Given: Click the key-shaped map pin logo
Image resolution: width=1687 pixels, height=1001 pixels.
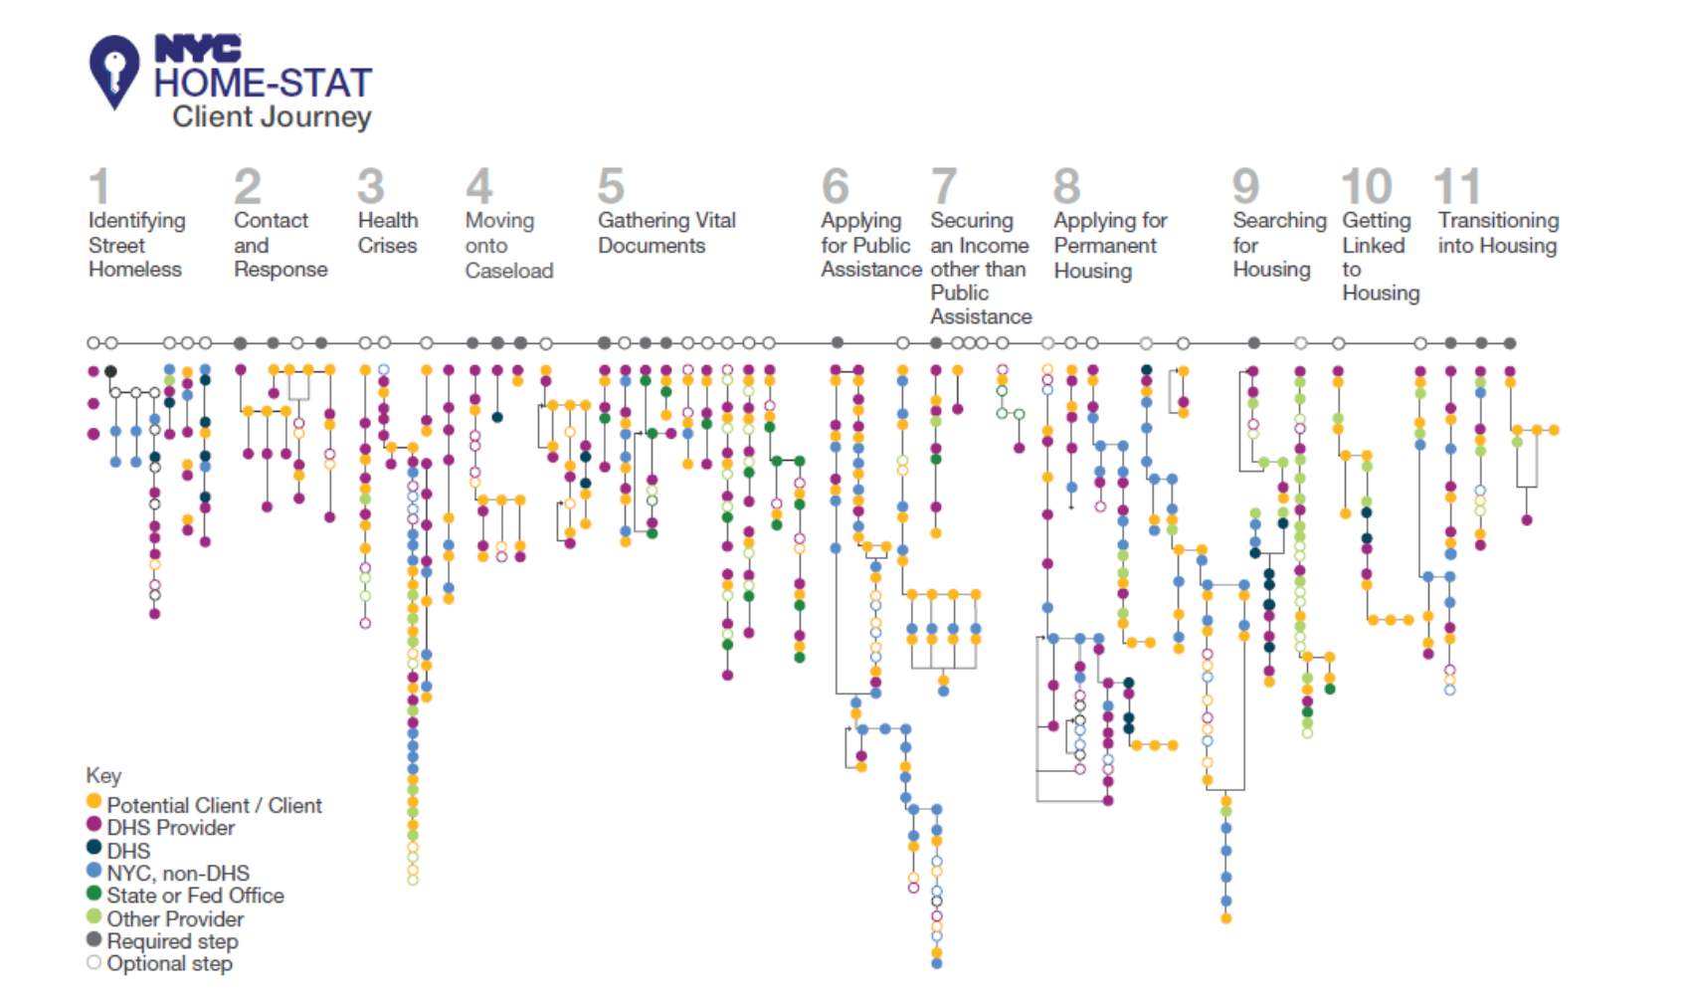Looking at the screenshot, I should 114,71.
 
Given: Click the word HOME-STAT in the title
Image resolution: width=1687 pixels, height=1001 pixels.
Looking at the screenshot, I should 263,83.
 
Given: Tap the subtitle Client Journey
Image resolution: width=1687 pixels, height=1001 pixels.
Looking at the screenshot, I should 272,116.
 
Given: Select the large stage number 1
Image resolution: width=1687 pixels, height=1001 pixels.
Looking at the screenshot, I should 98,187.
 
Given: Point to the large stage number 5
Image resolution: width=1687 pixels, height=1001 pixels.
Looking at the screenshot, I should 611,187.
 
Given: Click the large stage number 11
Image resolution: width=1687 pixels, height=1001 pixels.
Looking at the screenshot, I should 1457,187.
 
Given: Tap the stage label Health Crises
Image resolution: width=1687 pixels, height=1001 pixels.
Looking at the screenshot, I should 388,233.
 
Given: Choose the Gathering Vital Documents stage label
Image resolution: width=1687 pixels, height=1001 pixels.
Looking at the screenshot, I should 666,233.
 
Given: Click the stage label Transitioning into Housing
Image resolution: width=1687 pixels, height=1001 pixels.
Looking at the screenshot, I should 1498,233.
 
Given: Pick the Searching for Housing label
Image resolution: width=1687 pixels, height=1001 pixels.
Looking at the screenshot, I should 1279,245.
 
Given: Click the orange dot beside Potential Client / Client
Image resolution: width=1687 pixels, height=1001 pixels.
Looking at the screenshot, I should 94,801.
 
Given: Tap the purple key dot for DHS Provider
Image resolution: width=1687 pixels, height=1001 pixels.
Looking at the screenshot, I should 94,824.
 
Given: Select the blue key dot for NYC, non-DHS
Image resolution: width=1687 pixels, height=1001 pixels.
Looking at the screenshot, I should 94,870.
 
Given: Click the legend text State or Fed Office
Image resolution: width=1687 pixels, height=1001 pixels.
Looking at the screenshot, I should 195,896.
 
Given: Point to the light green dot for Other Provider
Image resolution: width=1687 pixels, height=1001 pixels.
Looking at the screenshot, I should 94,915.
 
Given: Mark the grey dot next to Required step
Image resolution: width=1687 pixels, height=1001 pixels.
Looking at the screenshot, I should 94,938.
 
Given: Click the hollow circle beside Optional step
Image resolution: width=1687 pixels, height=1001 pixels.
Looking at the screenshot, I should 94,962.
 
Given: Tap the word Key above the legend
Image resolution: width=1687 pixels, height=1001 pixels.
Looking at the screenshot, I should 103,775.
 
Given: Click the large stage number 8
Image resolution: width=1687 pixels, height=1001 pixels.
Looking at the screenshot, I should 1066,187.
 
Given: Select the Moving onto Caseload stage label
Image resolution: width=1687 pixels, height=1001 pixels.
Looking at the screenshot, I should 508,245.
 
